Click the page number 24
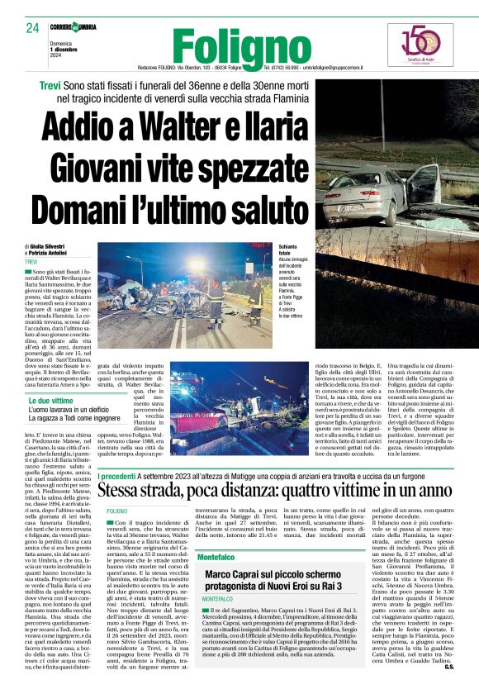pyautogui.click(x=32, y=29)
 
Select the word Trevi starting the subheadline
pyautogui.click(x=55, y=86)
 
